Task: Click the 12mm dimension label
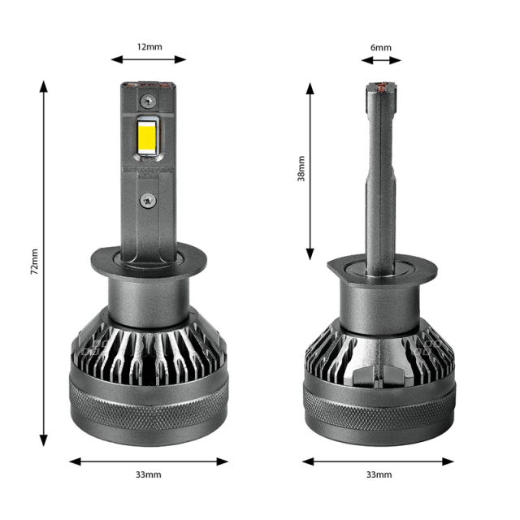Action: point(149,46)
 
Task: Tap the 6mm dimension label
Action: point(380,47)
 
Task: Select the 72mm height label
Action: point(34,262)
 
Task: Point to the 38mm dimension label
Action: point(301,168)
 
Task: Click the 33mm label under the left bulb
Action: point(149,474)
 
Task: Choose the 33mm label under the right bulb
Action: point(379,474)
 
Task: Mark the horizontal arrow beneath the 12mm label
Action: point(149,58)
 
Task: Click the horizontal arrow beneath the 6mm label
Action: point(380,59)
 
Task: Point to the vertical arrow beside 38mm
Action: point(310,171)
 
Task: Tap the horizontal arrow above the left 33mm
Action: point(149,461)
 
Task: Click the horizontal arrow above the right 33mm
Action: point(379,461)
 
